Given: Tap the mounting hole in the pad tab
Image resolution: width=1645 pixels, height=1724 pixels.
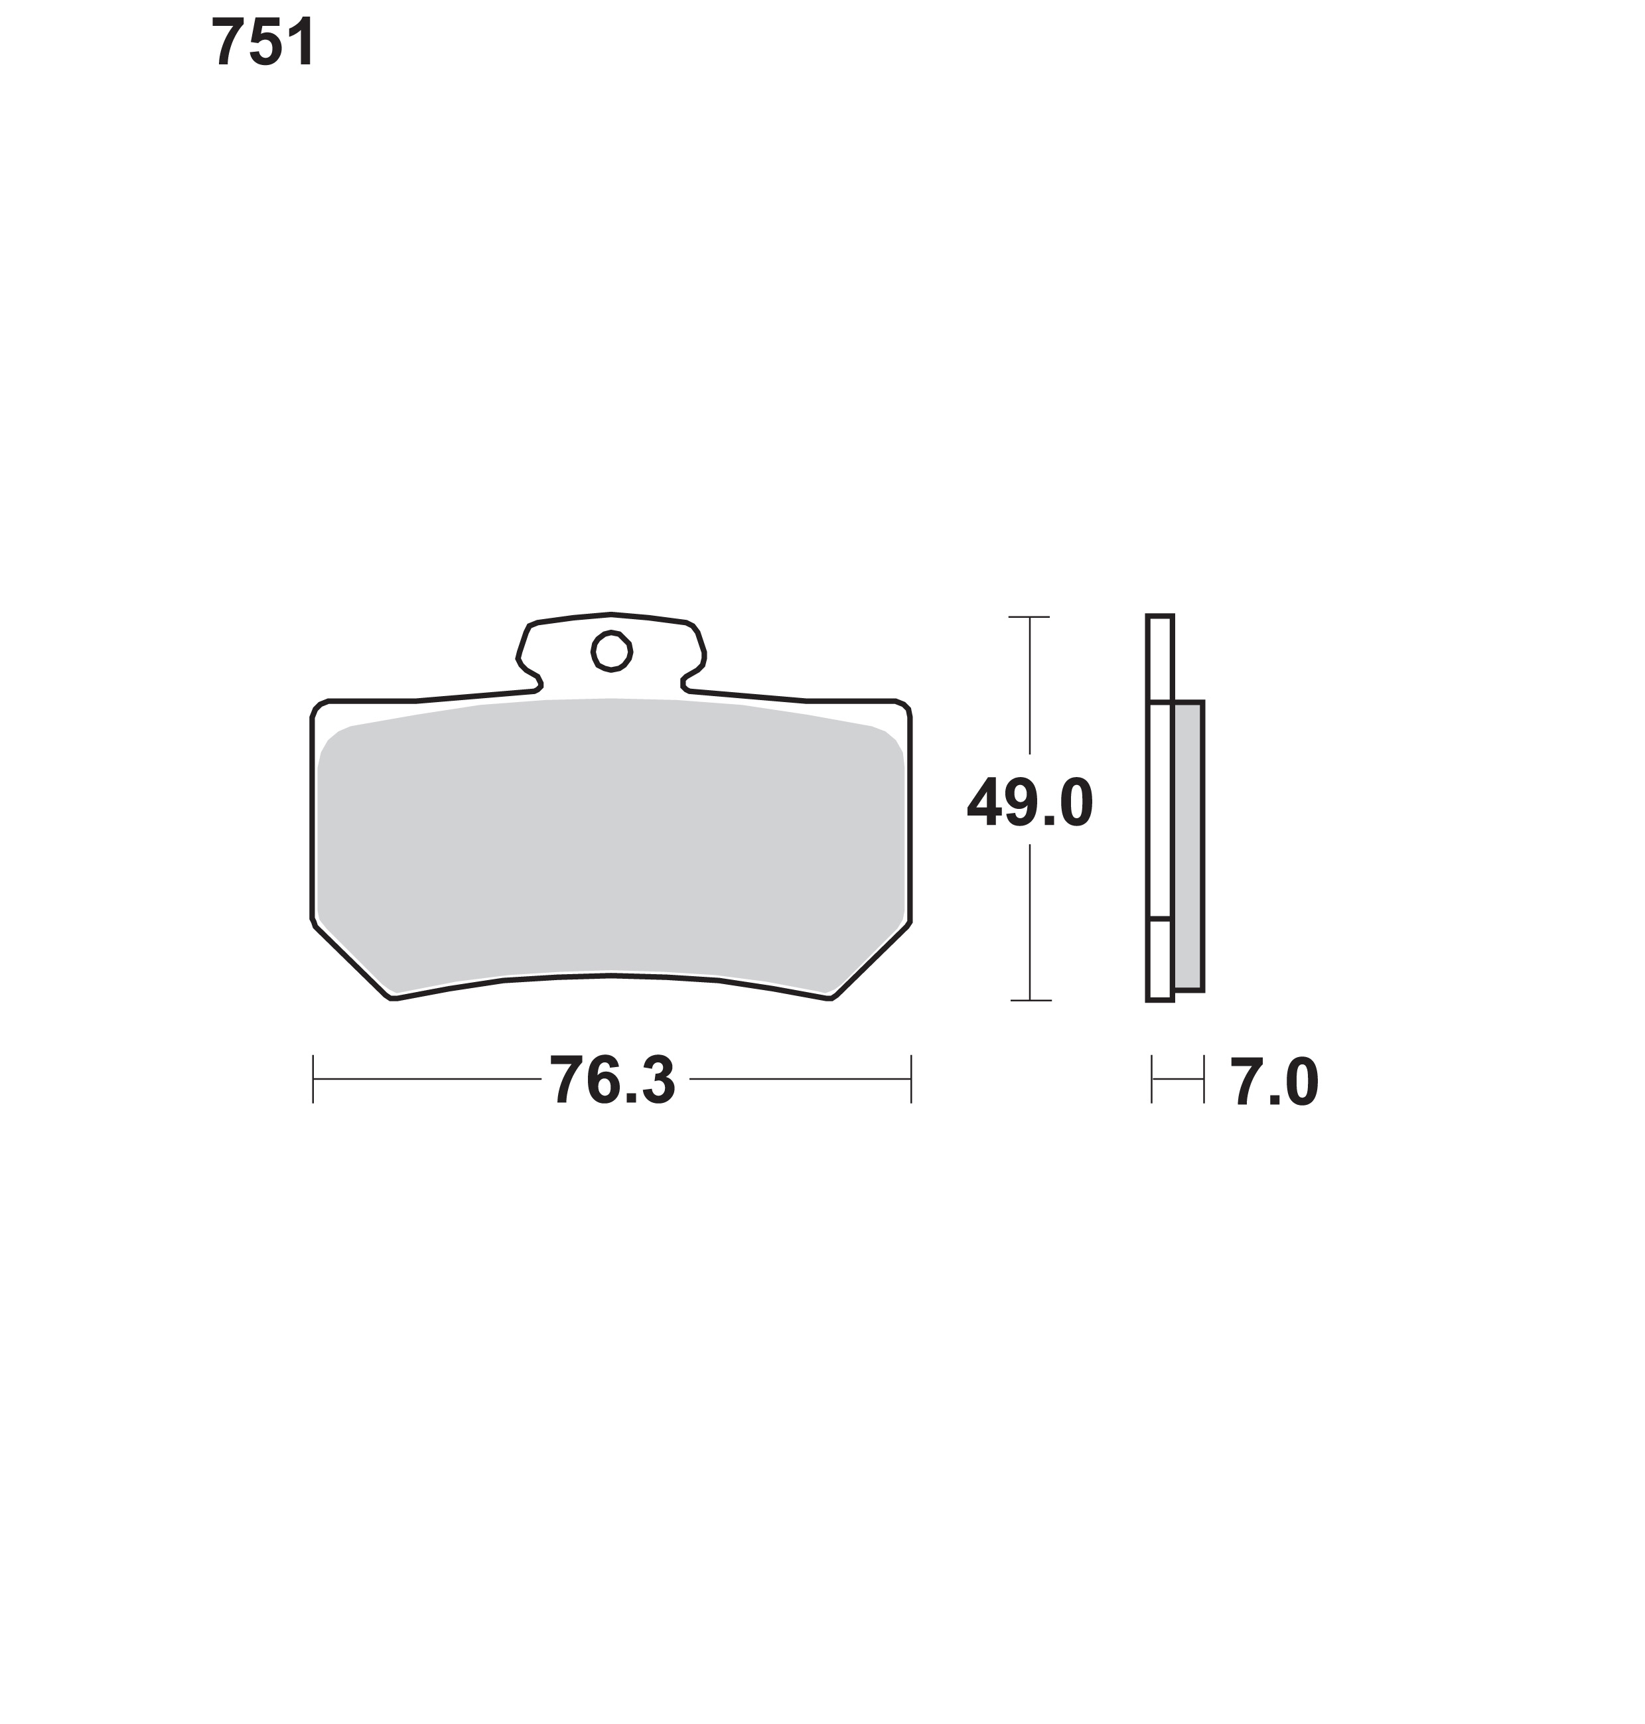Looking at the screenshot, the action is point(611,651).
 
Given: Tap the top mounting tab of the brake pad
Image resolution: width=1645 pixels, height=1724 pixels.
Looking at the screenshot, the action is point(611,653).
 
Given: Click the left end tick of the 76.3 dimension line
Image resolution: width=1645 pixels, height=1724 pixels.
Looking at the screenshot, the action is point(313,1078).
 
